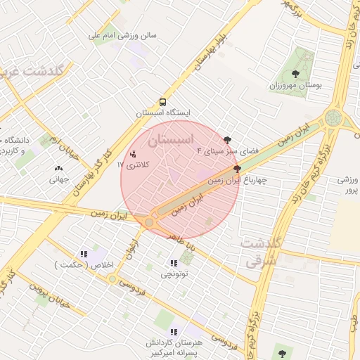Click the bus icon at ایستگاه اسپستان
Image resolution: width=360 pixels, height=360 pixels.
coord(163,102)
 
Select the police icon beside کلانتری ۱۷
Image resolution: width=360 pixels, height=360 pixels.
coord(134,153)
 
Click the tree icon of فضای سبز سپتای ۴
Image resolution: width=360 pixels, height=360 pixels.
coord(227,140)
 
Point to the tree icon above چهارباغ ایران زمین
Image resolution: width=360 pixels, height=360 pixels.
coord(237,169)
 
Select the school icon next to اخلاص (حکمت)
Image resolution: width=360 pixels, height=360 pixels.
coord(84,254)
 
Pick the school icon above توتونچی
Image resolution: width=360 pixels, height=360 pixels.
coord(174,263)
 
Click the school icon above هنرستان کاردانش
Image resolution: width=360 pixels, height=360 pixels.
coord(174,331)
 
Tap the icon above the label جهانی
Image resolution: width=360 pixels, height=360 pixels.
coord(58,168)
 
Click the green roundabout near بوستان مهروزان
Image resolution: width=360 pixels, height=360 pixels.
coord(334,118)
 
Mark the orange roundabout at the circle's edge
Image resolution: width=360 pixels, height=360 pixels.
coord(149,222)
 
